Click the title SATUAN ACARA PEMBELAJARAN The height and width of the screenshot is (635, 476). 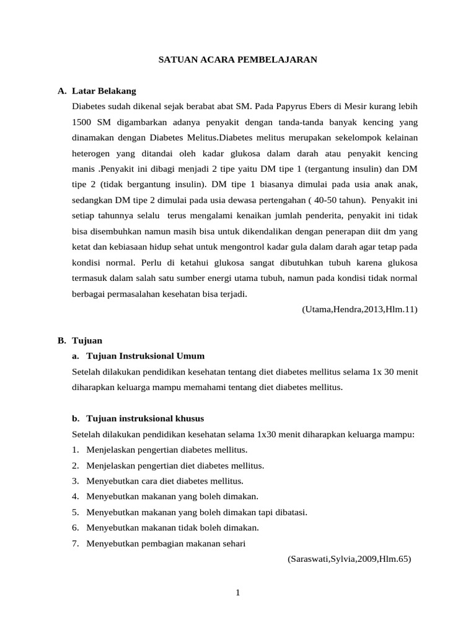tap(238, 60)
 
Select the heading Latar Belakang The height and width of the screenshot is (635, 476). tap(104, 91)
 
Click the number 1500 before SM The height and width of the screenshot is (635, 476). tap(83, 122)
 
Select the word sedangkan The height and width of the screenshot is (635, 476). tap(93, 200)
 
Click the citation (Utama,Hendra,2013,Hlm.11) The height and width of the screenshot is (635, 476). tap(359, 309)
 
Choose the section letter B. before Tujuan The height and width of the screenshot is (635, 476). tap(61, 340)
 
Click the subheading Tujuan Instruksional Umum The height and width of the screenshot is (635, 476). tap(145, 356)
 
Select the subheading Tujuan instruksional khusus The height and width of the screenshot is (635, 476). tap(145, 419)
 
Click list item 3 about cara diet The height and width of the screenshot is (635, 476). tap(165, 481)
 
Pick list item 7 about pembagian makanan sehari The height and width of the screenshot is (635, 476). tap(166, 543)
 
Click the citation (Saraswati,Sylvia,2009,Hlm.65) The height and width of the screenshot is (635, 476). tap(350, 559)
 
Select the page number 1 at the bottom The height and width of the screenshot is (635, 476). tap(238, 593)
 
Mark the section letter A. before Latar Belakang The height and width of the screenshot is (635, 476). tap(61, 91)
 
